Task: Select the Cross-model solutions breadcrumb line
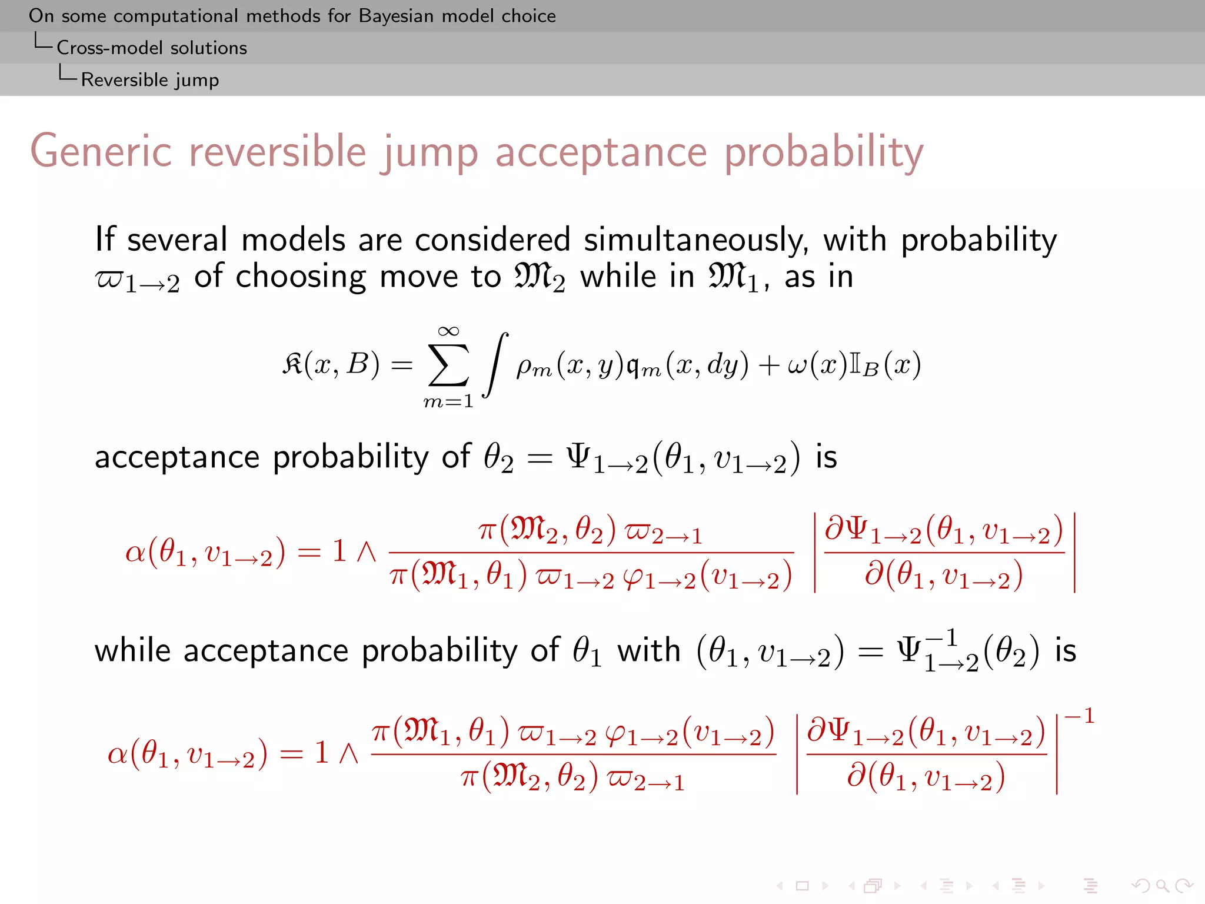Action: [151, 48]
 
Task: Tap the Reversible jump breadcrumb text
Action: [149, 79]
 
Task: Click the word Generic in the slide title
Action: [101, 152]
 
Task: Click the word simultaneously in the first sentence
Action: [695, 240]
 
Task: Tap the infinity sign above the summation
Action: [448, 331]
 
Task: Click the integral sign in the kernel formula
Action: [495, 365]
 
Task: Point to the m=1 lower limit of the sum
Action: [448, 402]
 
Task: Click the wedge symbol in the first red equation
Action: [367, 552]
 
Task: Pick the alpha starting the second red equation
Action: [118, 753]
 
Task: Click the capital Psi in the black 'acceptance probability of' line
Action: [578, 457]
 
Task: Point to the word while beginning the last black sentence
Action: [132, 651]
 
